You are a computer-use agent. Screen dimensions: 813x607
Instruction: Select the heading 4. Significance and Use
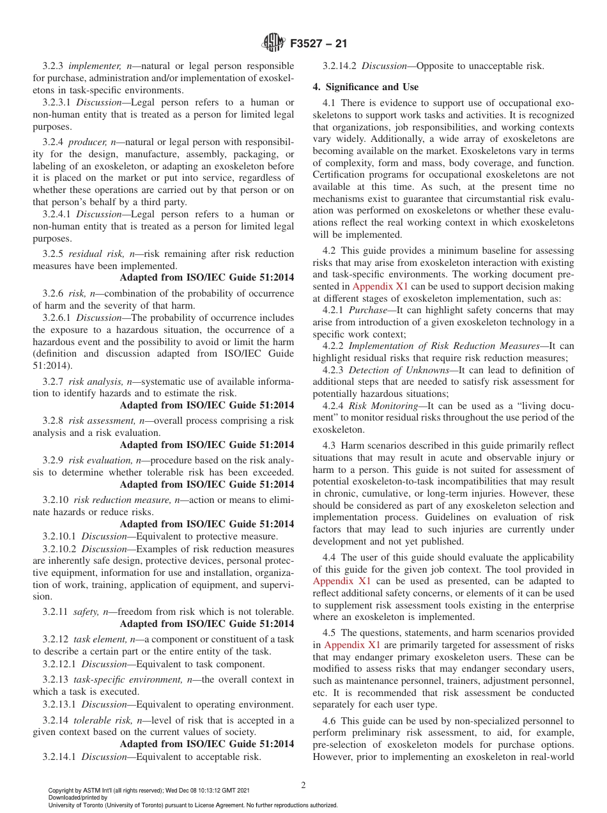[365, 86]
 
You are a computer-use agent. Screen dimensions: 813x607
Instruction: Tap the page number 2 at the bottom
[303, 786]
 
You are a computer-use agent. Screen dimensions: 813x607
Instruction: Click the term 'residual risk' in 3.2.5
[95, 254]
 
